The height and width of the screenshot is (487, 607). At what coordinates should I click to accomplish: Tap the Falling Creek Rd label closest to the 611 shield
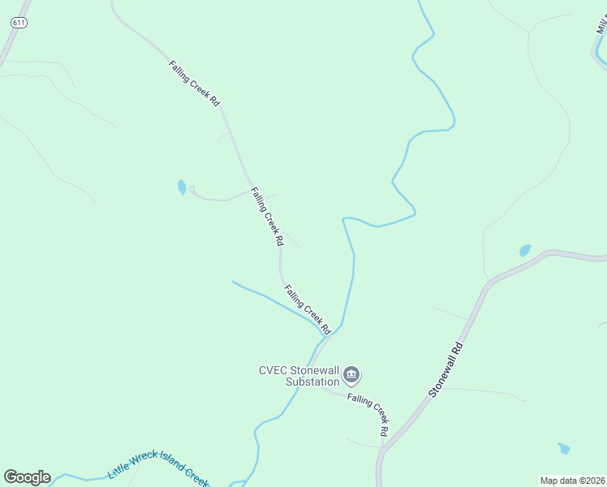[195, 84]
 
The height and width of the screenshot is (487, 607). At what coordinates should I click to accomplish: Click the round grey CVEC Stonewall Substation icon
[351, 374]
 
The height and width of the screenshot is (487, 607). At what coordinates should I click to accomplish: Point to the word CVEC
[273, 370]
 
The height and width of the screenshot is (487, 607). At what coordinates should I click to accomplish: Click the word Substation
[312, 381]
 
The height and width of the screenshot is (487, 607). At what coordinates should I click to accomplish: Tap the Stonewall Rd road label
[446, 368]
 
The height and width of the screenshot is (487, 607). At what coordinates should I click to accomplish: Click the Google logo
[27, 476]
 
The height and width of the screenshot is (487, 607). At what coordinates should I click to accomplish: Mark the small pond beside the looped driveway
[182, 187]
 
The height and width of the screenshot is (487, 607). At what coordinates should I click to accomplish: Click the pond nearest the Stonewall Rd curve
[525, 250]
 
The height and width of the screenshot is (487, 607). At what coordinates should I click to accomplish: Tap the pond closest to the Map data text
[564, 448]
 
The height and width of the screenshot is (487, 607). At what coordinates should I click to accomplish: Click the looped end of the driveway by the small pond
[192, 190]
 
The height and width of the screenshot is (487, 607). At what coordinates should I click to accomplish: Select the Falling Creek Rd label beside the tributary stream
[307, 309]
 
